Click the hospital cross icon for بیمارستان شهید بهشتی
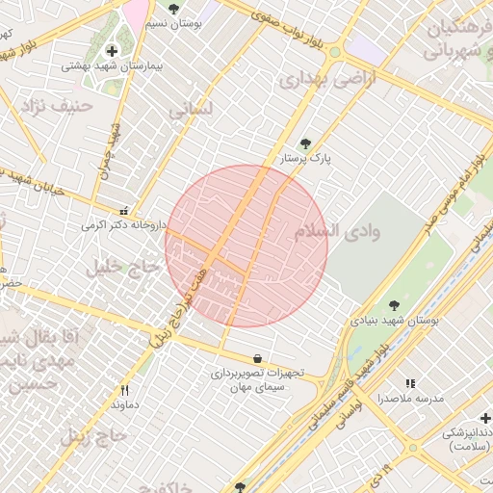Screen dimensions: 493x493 pos(112,50)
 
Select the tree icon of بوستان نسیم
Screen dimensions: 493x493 pos(173,9)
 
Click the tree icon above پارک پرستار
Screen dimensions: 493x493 pos(306,143)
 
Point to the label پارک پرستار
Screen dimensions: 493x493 pos(306,158)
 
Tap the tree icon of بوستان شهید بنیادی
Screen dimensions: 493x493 pos(395,305)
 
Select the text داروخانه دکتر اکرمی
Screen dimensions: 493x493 pos(124,225)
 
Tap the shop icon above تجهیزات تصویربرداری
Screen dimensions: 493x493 pos(257,358)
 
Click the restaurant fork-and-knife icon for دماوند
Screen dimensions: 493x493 pos(124,390)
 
